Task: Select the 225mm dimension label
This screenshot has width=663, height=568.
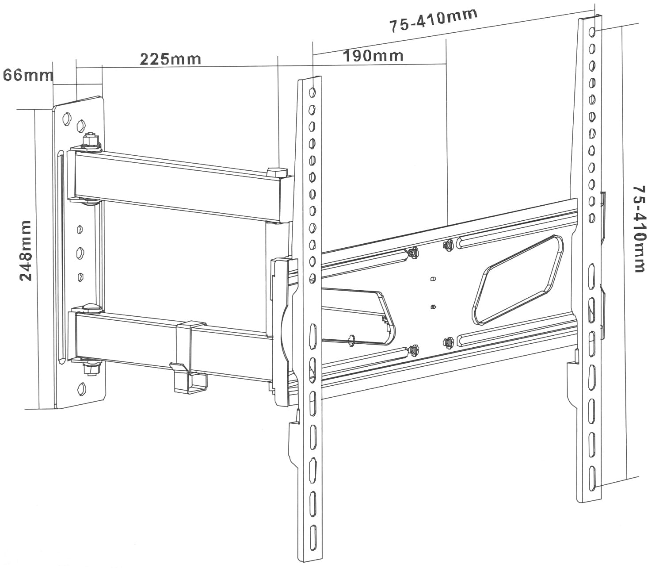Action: tap(171, 59)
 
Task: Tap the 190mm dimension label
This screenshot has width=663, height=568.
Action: tap(373, 56)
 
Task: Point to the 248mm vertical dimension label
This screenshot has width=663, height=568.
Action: tap(26, 251)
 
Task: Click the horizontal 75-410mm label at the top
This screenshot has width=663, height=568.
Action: tap(434, 20)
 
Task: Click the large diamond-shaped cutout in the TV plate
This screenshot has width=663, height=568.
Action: tap(518, 279)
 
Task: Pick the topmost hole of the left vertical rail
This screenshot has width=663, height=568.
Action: tap(312, 93)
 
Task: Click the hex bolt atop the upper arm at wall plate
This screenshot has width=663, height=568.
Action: tap(91, 140)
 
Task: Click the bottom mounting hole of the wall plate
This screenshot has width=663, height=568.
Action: tap(82, 388)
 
